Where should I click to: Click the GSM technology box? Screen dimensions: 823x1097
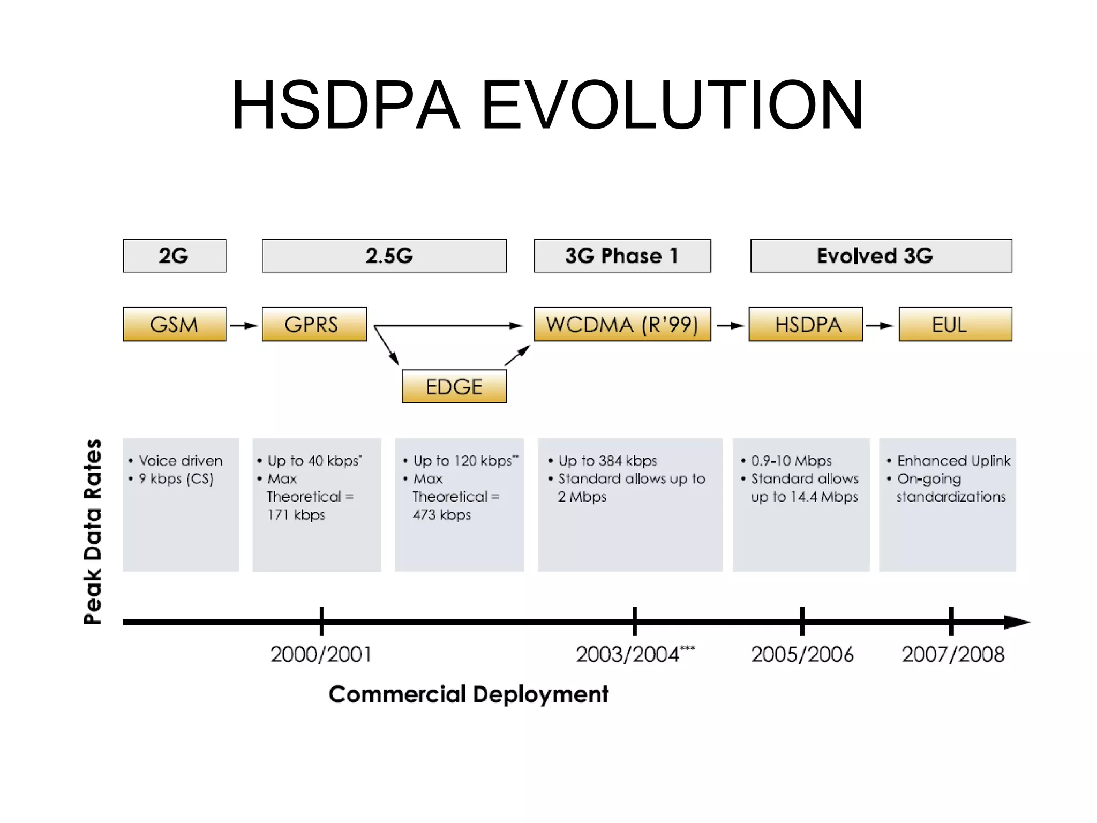tap(174, 324)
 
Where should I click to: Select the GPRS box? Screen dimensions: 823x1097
tap(314, 324)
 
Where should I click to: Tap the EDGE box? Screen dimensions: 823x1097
tap(454, 386)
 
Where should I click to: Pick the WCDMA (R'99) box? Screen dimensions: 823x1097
tap(622, 324)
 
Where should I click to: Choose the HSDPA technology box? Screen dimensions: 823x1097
tap(806, 324)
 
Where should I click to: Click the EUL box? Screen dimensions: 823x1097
tap(955, 324)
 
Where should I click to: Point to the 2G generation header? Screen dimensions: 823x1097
tap(174, 256)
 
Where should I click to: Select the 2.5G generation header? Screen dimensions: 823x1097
tap(384, 256)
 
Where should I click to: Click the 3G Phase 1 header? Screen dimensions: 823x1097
tap(622, 256)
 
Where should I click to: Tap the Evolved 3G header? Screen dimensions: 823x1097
tap(881, 256)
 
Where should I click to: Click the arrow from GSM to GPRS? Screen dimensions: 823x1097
tap(244, 325)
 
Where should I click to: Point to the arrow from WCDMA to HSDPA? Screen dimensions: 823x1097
tap(730, 325)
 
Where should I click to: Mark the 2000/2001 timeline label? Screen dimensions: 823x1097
tap(321, 654)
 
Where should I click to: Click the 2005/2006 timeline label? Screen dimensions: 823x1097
tap(802, 654)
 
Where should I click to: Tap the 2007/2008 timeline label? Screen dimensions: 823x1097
tap(953, 654)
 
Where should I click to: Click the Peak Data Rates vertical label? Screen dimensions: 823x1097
tap(92, 532)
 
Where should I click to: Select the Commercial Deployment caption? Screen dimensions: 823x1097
tap(468, 694)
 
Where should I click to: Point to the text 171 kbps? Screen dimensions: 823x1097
tap(296, 515)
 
